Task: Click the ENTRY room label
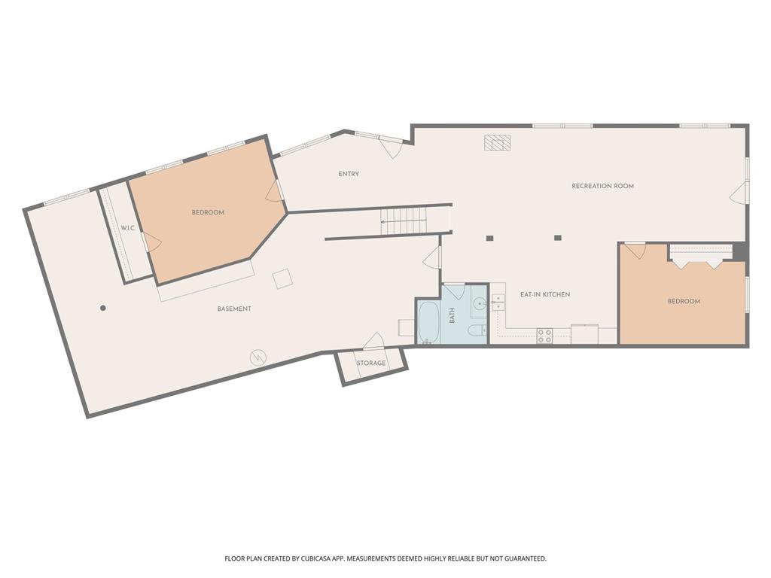[349, 174]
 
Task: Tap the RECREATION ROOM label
[602, 187]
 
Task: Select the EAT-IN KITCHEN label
[545, 294]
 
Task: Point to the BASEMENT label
[234, 309]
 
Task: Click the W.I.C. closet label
[128, 228]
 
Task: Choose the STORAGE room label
[371, 364]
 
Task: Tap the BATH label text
[453, 315]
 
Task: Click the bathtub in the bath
[428, 322]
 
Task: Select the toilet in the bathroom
[477, 330]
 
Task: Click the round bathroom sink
[480, 305]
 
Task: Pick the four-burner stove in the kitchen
[544, 336]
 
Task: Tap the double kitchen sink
[498, 303]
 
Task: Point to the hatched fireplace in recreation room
[498, 142]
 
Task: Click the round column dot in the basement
[102, 308]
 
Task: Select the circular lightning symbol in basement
[258, 357]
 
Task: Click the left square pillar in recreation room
[489, 239]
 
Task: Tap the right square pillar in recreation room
[558, 238]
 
